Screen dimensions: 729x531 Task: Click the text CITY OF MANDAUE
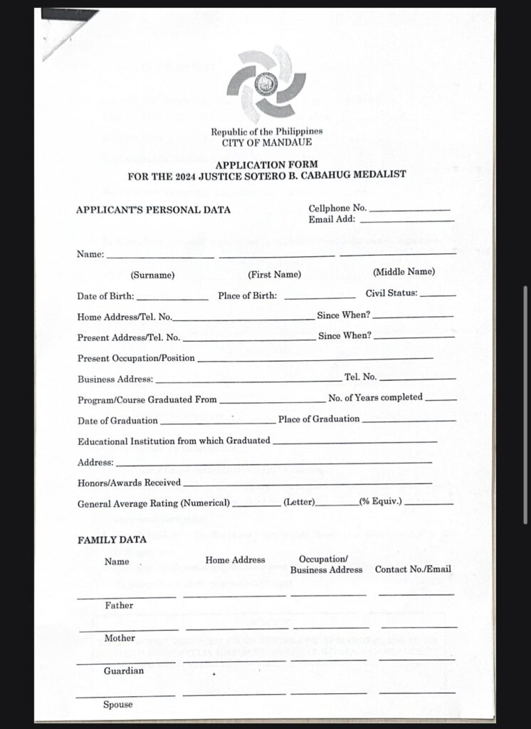(266, 142)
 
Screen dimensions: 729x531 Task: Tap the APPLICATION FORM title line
(266, 164)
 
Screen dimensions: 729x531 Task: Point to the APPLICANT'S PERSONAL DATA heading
(154, 210)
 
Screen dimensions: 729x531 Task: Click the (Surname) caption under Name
(152, 275)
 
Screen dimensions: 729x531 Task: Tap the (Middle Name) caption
(404, 272)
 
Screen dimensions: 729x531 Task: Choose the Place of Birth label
(248, 296)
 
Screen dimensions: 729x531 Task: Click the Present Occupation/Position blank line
(315, 359)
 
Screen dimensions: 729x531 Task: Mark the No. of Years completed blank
(441, 400)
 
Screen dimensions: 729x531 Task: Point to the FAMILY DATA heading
(112, 540)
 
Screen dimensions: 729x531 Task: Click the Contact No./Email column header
(413, 570)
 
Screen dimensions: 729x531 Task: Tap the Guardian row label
(124, 671)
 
